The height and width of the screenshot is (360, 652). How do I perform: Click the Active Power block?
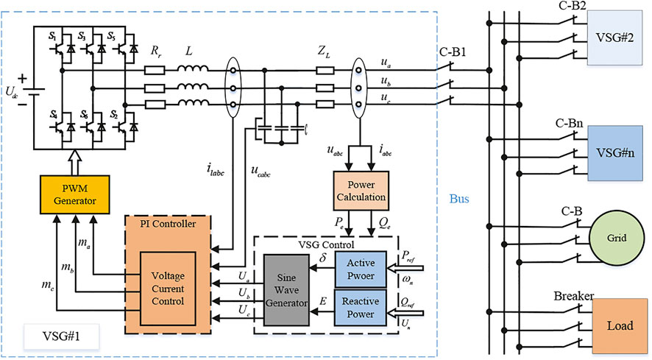pyautogui.click(x=360, y=269)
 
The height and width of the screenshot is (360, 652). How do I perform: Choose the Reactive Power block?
pyautogui.click(x=360, y=307)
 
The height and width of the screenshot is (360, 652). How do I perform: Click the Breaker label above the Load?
pyautogui.click(x=573, y=296)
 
